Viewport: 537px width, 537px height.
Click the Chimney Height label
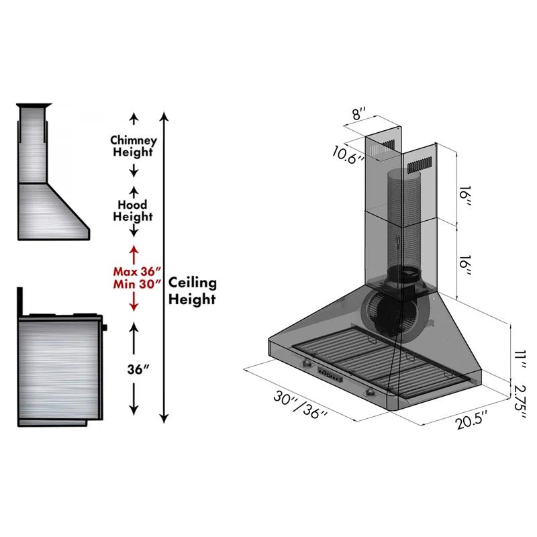pyautogui.click(x=134, y=146)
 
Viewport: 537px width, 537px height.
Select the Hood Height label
pyautogui.click(x=133, y=211)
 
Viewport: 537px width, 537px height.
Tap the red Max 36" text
pyautogui.click(x=136, y=272)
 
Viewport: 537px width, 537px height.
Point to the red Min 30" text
pyautogui.click(x=136, y=284)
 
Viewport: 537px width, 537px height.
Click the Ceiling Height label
pyautogui.click(x=192, y=291)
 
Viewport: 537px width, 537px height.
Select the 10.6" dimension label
pyautogui.click(x=348, y=154)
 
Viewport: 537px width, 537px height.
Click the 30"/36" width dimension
pyautogui.click(x=301, y=407)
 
